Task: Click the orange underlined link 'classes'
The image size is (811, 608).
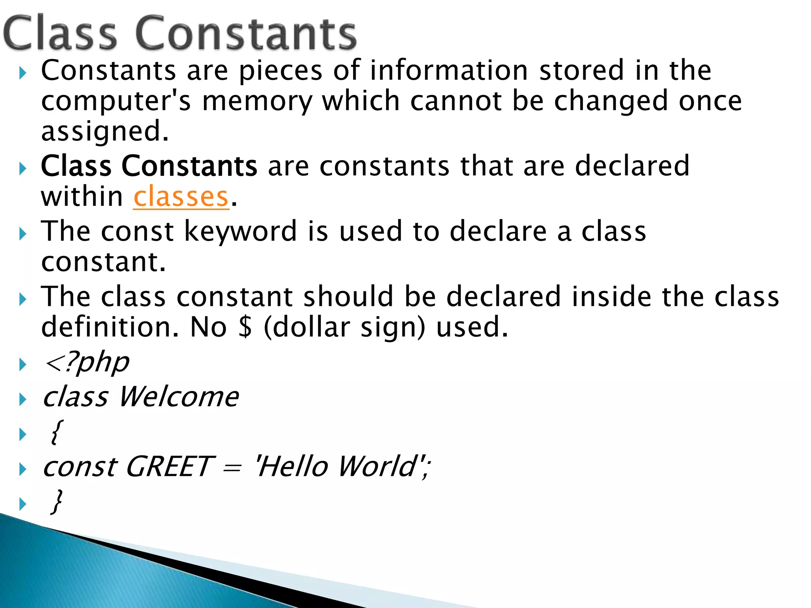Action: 181,197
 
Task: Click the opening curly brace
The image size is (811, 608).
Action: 56,432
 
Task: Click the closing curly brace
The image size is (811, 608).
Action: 57,502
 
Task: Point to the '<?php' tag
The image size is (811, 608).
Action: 87,363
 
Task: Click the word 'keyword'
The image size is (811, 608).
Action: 240,231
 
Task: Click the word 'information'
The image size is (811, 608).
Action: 449,70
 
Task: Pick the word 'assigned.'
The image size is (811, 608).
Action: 105,131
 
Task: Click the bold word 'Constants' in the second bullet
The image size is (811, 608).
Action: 189,166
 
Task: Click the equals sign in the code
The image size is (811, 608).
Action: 232,468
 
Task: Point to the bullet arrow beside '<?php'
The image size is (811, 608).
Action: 23,365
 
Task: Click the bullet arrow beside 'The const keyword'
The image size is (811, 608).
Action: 23,234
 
